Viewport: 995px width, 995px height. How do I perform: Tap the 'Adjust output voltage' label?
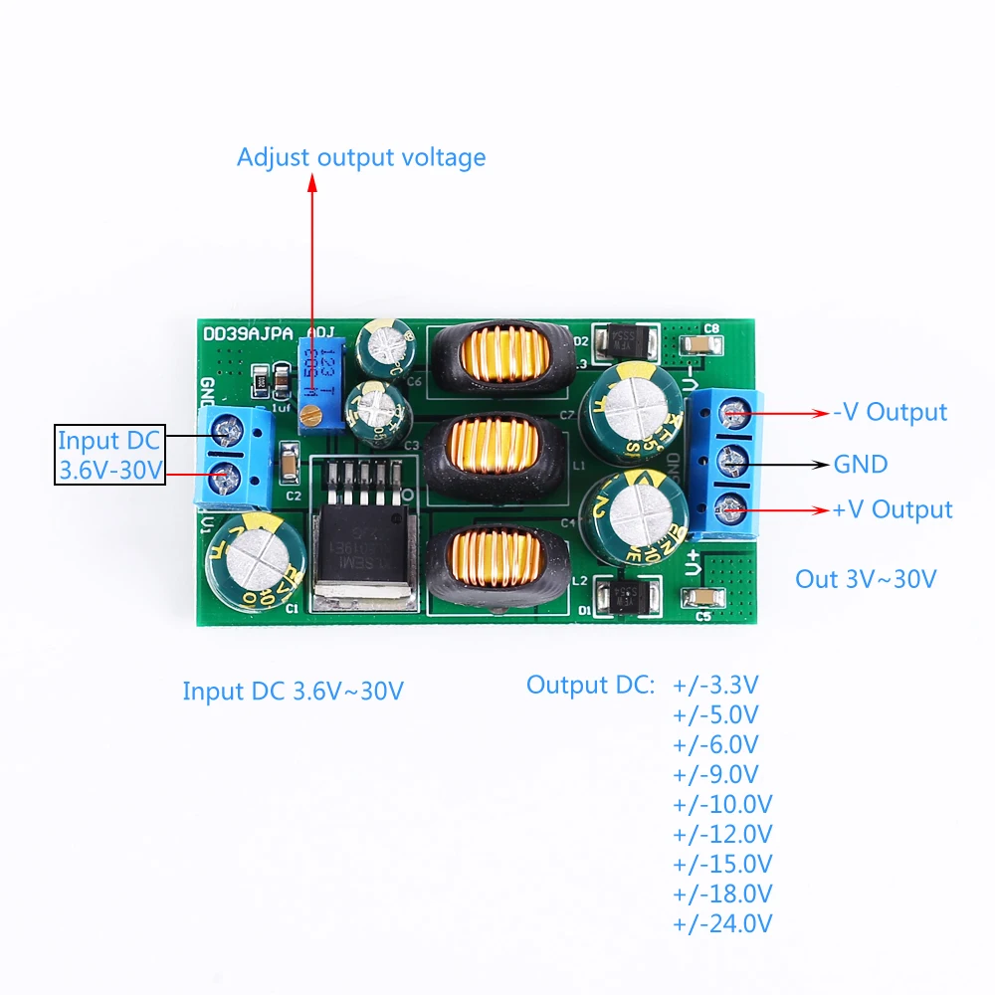pyautogui.click(x=361, y=157)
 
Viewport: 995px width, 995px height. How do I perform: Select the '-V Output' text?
pyautogui.click(x=890, y=412)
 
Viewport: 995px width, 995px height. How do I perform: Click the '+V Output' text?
pyautogui.click(x=893, y=509)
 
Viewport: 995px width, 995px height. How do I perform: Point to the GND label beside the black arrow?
pyautogui.click(x=861, y=464)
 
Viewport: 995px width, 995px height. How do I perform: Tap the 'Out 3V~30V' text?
pyautogui.click(x=866, y=579)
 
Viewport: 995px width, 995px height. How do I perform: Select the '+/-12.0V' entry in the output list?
pyautogui.click(x=723, y=834)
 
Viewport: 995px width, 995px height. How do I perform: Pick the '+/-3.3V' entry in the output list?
pyautogui.click(x=716, y=685)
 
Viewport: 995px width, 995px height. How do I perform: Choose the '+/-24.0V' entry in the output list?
pyautogui.click(x=723, y=923)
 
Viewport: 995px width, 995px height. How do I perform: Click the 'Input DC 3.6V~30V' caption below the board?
pyautogui.click(x=294, y=691)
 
